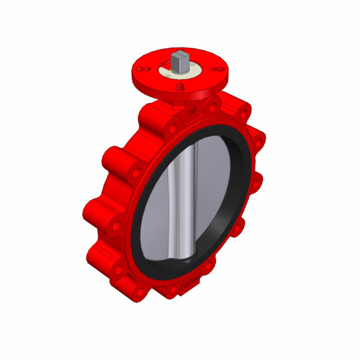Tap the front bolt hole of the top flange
(181, 88)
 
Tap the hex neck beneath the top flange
(171, 104)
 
